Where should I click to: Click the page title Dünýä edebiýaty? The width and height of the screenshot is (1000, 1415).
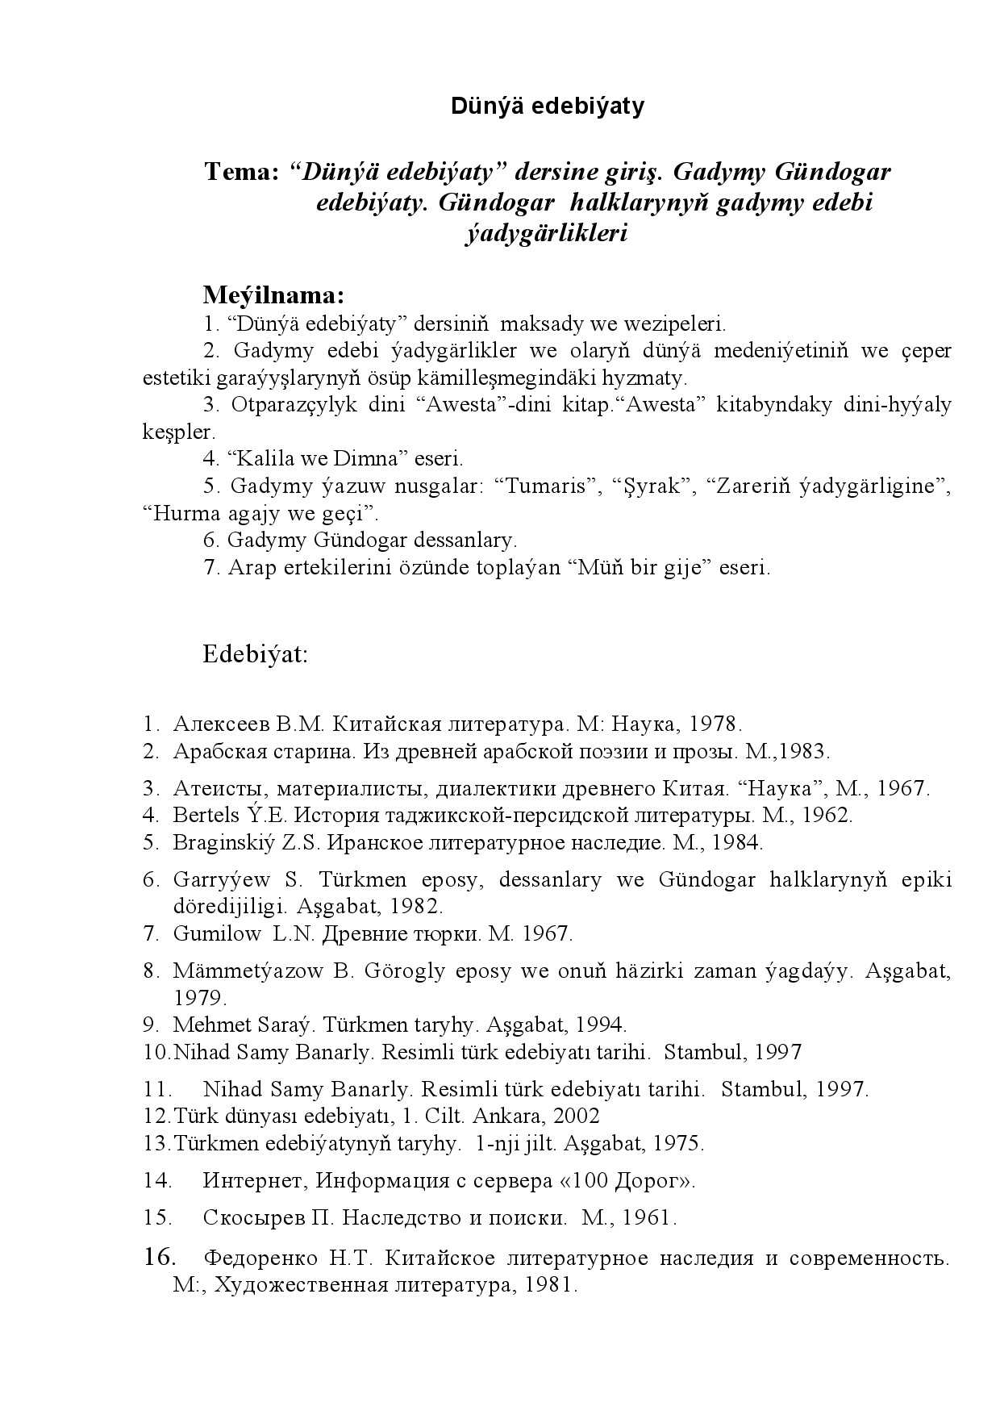pos(548,106)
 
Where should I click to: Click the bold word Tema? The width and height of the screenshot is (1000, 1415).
pos(242,172)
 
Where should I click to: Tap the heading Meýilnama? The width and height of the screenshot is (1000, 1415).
pos(273,294)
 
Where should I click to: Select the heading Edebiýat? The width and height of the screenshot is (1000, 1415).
pos(255,653)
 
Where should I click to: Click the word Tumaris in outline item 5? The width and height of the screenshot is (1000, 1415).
pos(547,486)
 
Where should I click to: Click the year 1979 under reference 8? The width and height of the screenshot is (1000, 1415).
pos(200,998)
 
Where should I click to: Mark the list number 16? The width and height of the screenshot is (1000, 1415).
pos(160,1257)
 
